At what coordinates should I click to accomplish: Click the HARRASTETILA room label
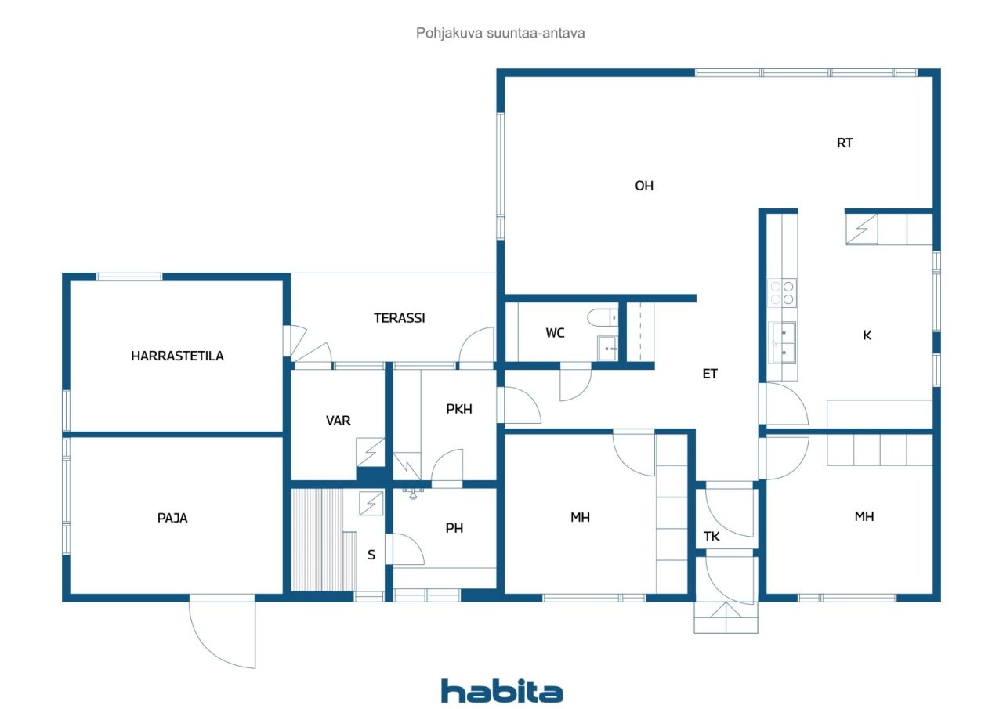[177, 356]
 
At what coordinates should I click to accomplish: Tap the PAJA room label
[172, 518]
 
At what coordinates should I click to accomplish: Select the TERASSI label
[399, 318]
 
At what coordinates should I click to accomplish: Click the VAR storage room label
[339, 421]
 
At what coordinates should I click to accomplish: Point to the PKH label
[459, 408]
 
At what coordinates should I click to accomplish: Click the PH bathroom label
[454, 528]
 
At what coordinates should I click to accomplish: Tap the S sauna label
[371, 555]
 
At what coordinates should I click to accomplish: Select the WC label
[556, 333]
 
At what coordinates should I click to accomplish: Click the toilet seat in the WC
[602, 317]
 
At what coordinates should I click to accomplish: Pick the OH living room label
[644, 186]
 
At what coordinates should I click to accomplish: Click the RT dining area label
[845, 143]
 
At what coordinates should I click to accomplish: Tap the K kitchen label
[867, 335]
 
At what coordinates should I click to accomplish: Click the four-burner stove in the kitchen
[782, 292]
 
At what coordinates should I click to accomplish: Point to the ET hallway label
[710, 374]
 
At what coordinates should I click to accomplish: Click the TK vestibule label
[712, 537]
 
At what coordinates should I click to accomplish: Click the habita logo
[501, 690]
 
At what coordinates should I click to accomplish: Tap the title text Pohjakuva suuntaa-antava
[501, 34]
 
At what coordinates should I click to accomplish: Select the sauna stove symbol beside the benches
[371, 502]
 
